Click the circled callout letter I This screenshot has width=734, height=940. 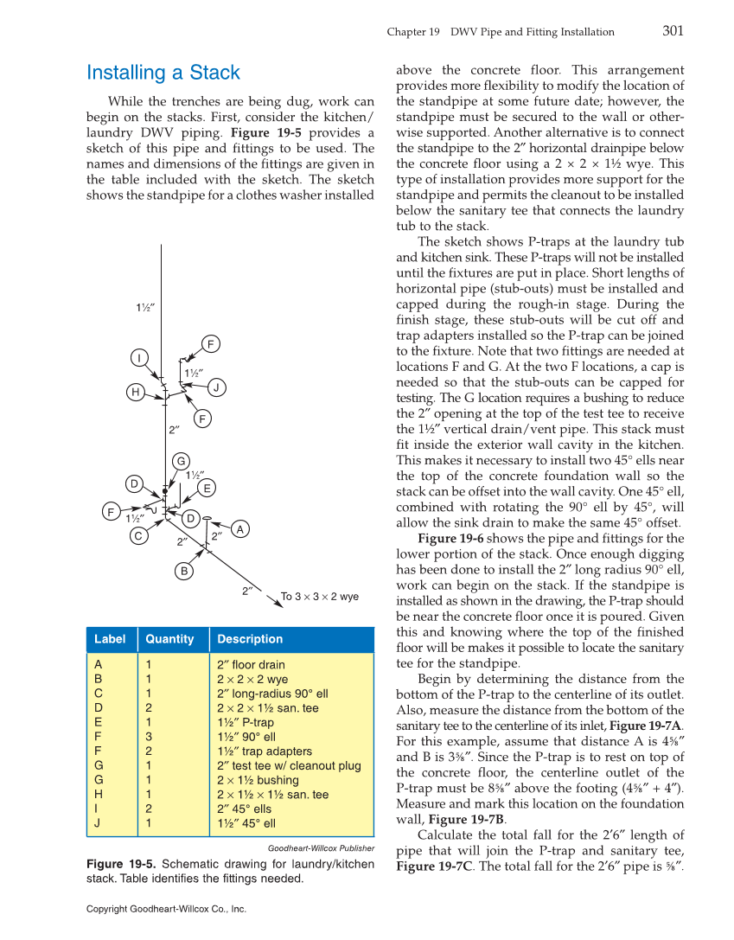[139, 357]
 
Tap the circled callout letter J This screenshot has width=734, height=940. [218, 387]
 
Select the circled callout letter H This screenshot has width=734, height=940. [134, 393]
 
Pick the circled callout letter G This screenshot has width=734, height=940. [181, 460]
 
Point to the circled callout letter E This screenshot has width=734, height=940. [207, 489]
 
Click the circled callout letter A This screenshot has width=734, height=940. [240, 528]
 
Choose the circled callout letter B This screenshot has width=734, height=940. [184, 571]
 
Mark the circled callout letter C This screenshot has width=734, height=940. [138, 536]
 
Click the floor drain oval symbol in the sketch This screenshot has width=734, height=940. [207, 519]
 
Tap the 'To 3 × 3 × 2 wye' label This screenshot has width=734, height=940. [319, 597]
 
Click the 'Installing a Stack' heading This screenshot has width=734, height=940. [163, 73]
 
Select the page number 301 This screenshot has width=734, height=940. [673, 31]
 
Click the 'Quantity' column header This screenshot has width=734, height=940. [169, 639]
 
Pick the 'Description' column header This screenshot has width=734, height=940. [250, 639]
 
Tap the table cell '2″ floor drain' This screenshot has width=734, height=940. [251, 665]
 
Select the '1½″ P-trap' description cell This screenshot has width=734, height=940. [246, 722]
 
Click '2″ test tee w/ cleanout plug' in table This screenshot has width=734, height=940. [289, 765]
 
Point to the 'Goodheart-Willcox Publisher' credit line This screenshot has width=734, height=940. [321, 848]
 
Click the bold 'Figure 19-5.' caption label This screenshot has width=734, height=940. [121, 864]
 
